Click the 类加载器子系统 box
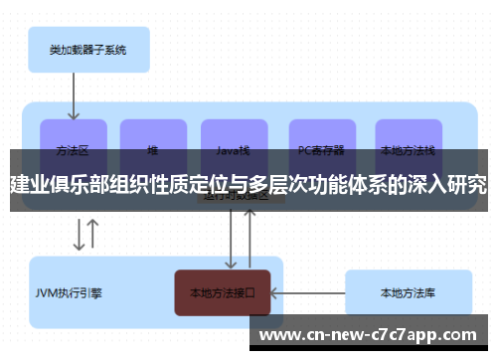point(87,49)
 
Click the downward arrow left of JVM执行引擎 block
point(78,236)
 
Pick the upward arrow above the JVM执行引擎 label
point(92,236)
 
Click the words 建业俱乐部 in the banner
point(58,186)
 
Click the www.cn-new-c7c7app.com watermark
point(367,334)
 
